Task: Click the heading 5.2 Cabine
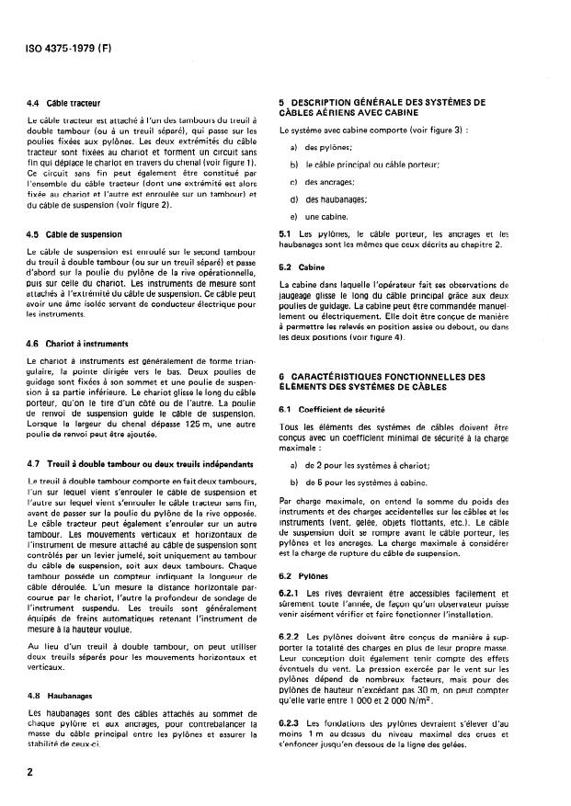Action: coord(300,267)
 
